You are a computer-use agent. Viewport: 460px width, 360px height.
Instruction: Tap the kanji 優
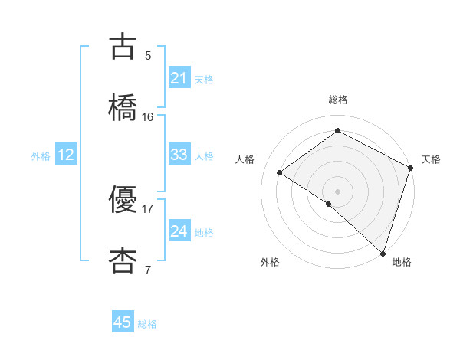124,201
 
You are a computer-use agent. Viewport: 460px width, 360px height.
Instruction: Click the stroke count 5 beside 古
148,56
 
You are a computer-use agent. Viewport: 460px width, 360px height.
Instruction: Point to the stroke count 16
148,116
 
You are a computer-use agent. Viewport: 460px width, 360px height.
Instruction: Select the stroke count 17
148,208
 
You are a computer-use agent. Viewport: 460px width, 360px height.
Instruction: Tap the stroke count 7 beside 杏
148,270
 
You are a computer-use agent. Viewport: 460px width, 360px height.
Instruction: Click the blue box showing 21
179,78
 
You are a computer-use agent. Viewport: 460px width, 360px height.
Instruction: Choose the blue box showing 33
179,155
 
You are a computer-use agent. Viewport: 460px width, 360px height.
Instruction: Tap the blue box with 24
179,231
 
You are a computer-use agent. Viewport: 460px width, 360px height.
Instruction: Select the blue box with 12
66,155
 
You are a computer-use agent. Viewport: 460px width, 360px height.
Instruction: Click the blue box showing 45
123,322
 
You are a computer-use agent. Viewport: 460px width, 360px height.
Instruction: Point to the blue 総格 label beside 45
147,324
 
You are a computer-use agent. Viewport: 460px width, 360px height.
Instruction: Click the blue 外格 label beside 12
41,156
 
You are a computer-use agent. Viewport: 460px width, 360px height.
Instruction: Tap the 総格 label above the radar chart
338,100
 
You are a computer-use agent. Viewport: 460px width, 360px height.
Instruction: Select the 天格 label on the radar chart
431,159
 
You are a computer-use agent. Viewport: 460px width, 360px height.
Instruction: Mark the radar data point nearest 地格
383,253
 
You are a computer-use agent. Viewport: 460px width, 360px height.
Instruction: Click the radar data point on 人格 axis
280,172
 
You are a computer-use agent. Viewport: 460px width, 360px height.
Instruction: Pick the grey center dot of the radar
338,191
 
